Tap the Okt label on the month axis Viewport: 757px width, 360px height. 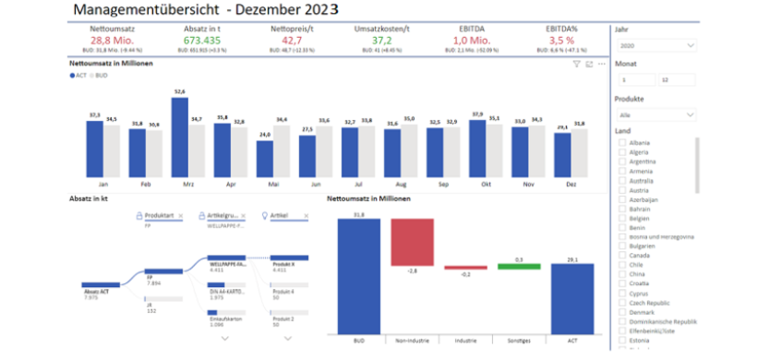click(x=477, y=184)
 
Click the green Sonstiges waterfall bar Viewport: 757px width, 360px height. click(x=519, y=267)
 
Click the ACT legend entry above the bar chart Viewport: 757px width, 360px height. click(x=78, y=74)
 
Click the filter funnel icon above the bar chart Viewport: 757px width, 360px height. click(x=576, y=64)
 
